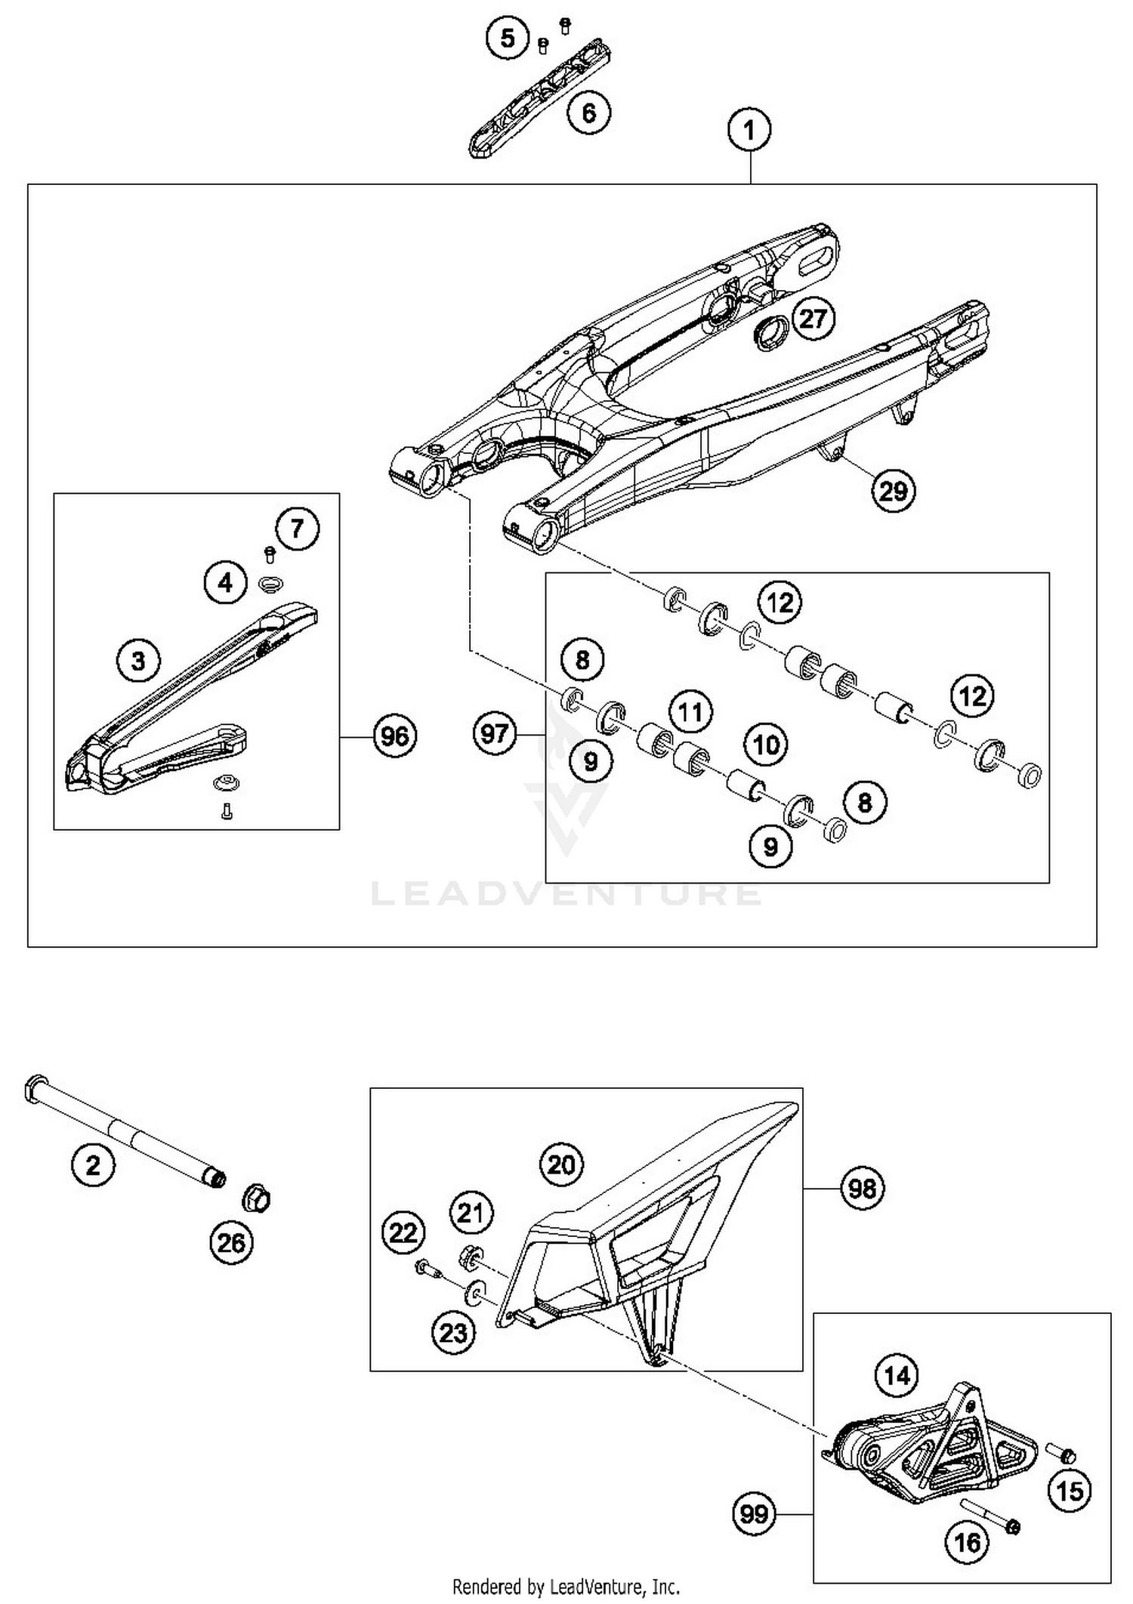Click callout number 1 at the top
click(749, 130)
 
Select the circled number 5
click(508, 38)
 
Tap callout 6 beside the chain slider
click(588, 113)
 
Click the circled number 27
click(813, 318)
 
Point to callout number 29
click(893, 491)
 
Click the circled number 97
click(495, 733)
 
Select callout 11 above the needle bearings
click(690, 711)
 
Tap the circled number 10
click(766, 745)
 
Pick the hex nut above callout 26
click(256, 1198)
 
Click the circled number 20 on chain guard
click(561, 1164)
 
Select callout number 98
click(862, 1189)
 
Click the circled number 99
click(754, 1514)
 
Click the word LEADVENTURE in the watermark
click(566, 895)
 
